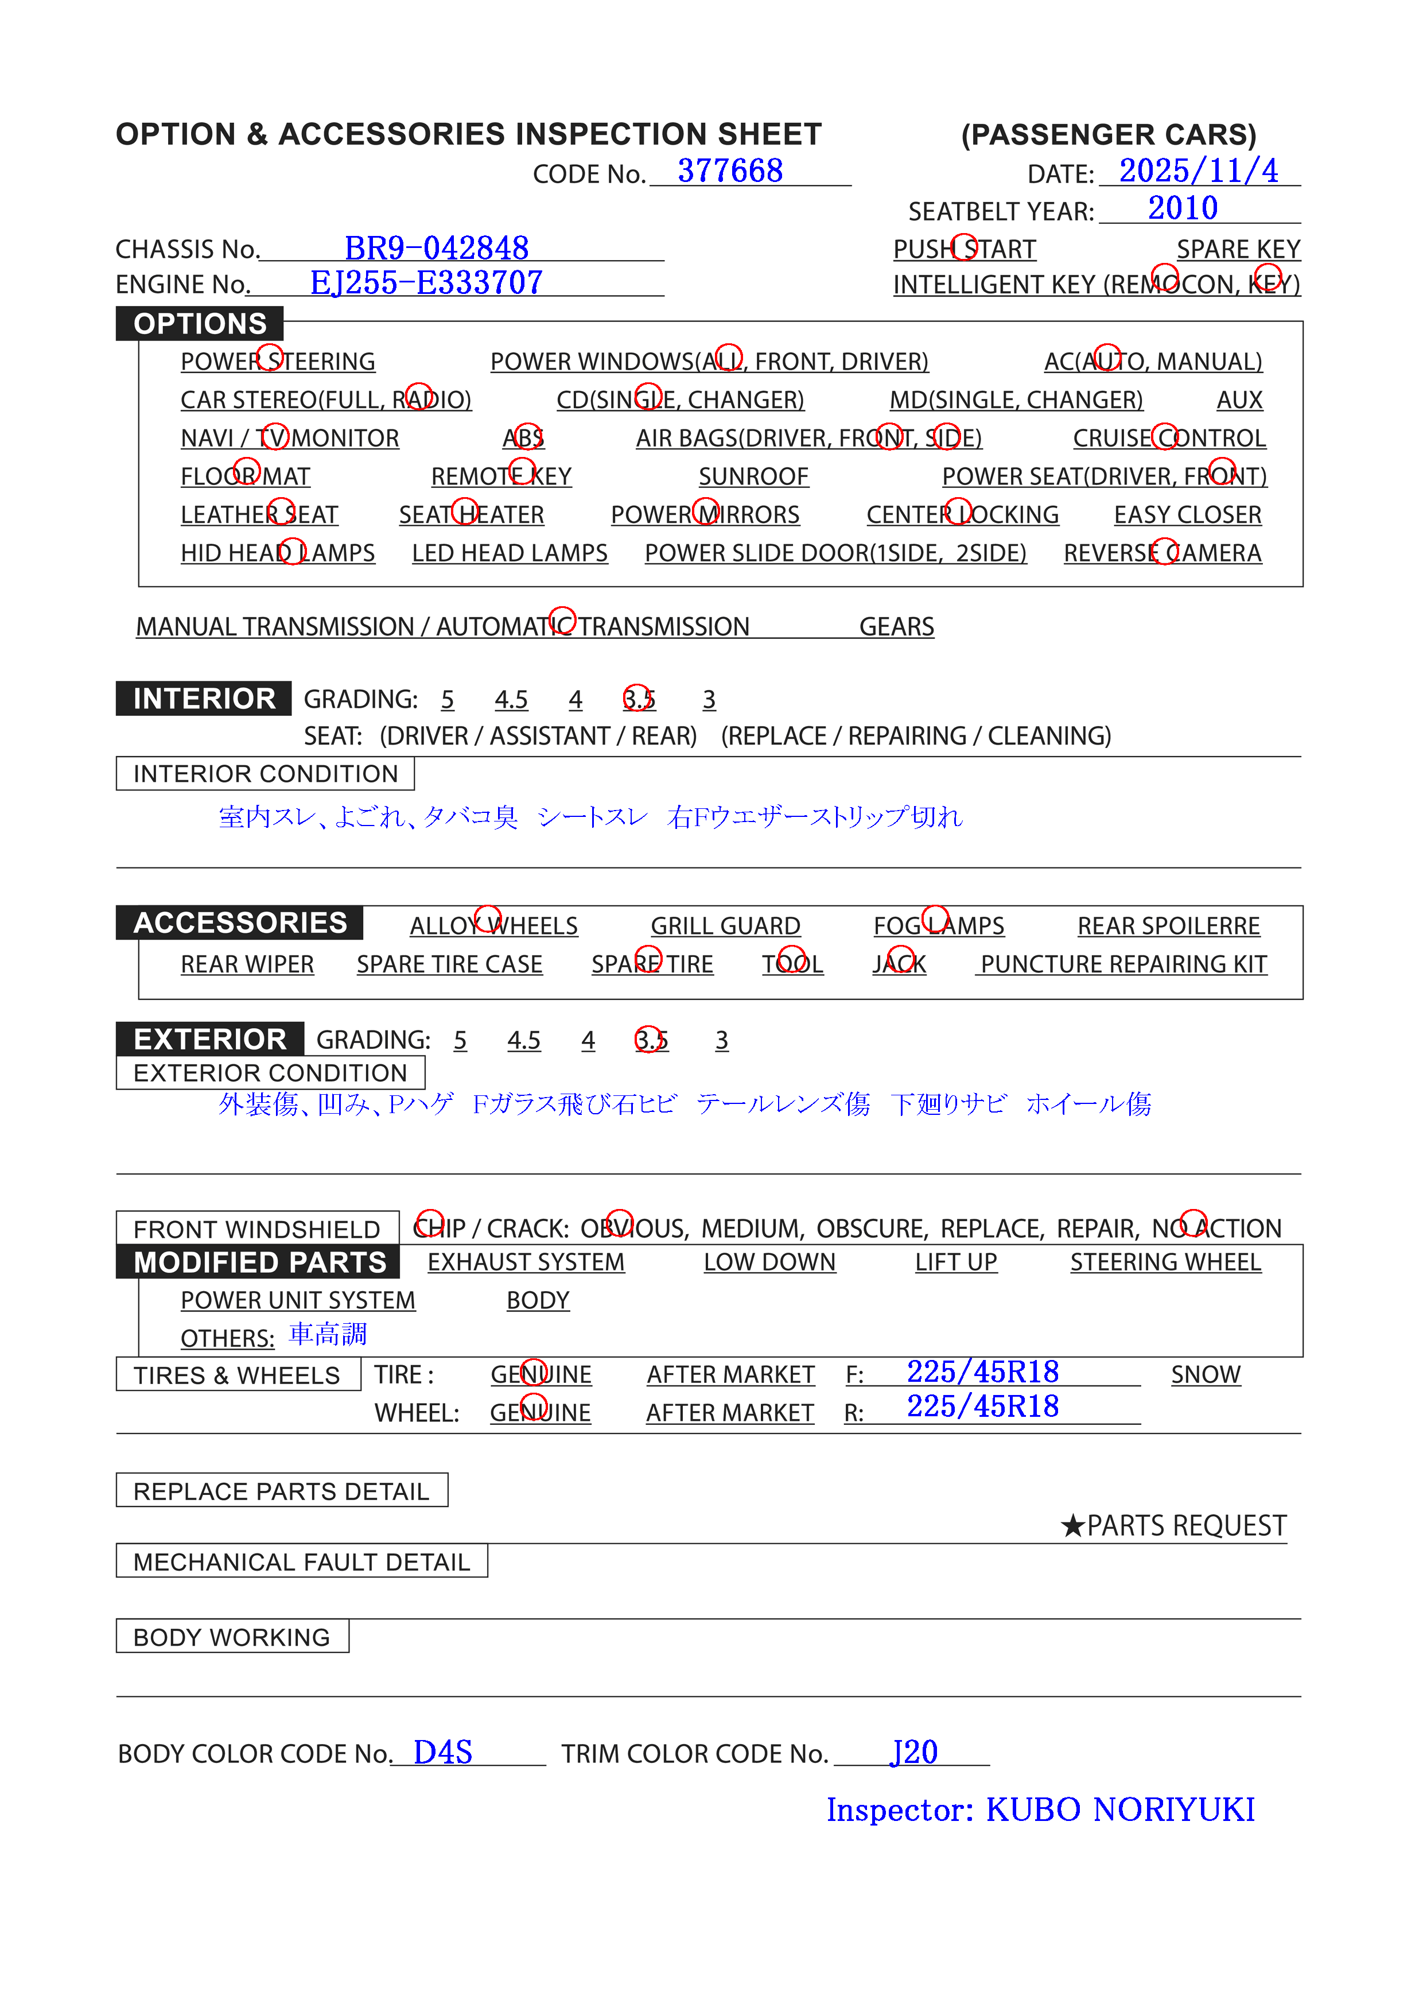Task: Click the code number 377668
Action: [x=730, y=171]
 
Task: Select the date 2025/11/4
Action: [x=1199, y=171]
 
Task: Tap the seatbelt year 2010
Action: [x=1183, y=208]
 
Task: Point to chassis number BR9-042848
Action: [x=436, y=249]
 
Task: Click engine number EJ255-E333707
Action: [x=426, y=282]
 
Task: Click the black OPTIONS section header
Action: [x=200, y=324]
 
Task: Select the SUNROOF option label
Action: [x=753, y=476]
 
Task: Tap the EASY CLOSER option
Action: [x=1187, y=515]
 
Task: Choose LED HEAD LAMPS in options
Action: [x=510, y=554]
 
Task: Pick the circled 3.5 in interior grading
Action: [x=638, y=699]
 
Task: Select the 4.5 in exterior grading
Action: [x=524, y=1040]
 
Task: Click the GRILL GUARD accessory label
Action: [x=725, y=926]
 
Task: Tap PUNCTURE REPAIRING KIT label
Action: [x=1123, y=964]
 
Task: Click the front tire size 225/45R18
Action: [x=982, y=1371]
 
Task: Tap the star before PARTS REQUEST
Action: [x=1072, y=1526]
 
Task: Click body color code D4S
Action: [x=443, y=1753]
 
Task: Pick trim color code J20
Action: [x=914, y=1753]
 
